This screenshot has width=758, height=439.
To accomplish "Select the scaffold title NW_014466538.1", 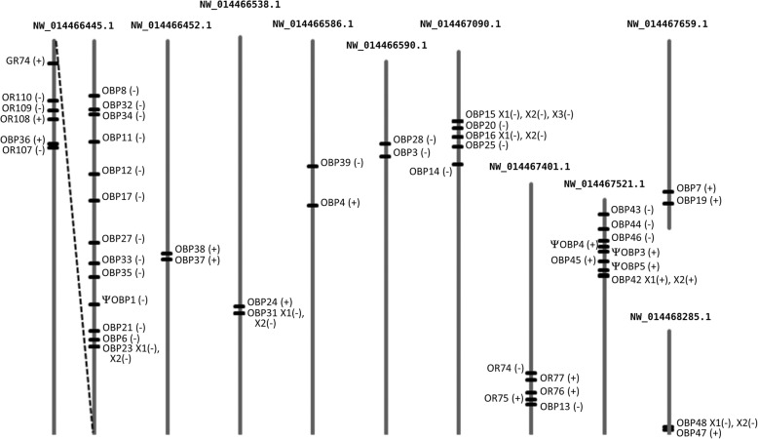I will pos(239,6).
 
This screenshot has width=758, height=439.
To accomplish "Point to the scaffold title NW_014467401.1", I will pos(530,167).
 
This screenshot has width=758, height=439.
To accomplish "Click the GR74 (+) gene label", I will pos(24,61).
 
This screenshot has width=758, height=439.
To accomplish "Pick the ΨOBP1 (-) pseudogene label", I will pos(125,299).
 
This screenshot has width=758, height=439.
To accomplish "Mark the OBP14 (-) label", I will pos(431,172).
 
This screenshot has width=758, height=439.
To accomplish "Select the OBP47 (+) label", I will pos(699,432).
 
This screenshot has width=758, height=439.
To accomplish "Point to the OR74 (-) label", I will pos(506,368).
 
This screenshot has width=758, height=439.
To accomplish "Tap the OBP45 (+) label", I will pos(572,260).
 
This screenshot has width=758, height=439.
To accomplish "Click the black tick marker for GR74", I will pos(55,63).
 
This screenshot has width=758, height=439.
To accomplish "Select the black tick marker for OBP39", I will pos(313,167).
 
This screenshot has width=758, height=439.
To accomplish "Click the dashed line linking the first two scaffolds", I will pos(74,244).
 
